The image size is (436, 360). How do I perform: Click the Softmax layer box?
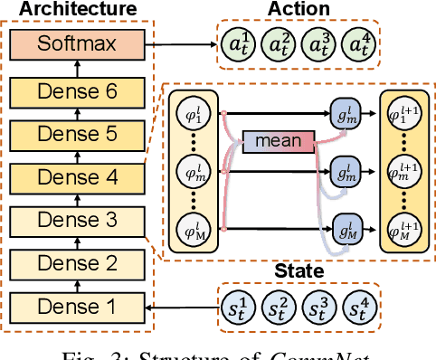tap(76, 43)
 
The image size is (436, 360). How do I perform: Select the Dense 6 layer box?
tap(76, 91)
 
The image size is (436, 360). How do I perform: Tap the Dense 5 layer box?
tap(76, 135)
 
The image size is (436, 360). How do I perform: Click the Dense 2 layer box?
tap(76, 264)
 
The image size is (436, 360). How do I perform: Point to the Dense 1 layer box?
tap(76, 308)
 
